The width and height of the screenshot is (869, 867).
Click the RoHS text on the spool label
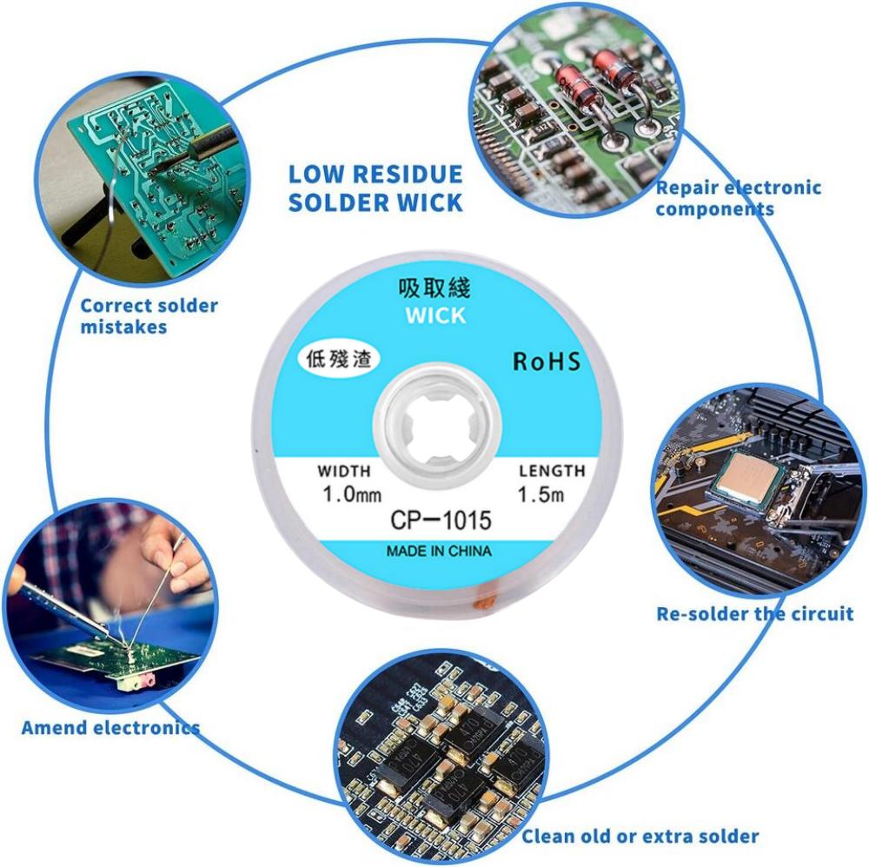point(546,361)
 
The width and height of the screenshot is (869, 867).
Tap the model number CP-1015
point(441,520)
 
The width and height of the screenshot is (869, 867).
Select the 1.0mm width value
point(351,496)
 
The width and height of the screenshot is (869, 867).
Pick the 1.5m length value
point(541,496)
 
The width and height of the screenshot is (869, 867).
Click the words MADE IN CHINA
point(439,551)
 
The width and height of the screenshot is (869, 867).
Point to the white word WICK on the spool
point(435,315)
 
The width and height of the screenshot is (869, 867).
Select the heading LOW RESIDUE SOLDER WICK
point(375,188)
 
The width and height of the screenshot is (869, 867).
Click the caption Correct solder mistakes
point(149,315)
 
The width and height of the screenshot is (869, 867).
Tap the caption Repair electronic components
point(738,198)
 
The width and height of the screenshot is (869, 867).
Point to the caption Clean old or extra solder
point(640,837)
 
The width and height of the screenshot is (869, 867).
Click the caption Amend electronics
point(109,727)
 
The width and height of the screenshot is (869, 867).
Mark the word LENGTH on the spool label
point(552,471)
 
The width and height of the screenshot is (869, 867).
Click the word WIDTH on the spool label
point(344,471)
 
